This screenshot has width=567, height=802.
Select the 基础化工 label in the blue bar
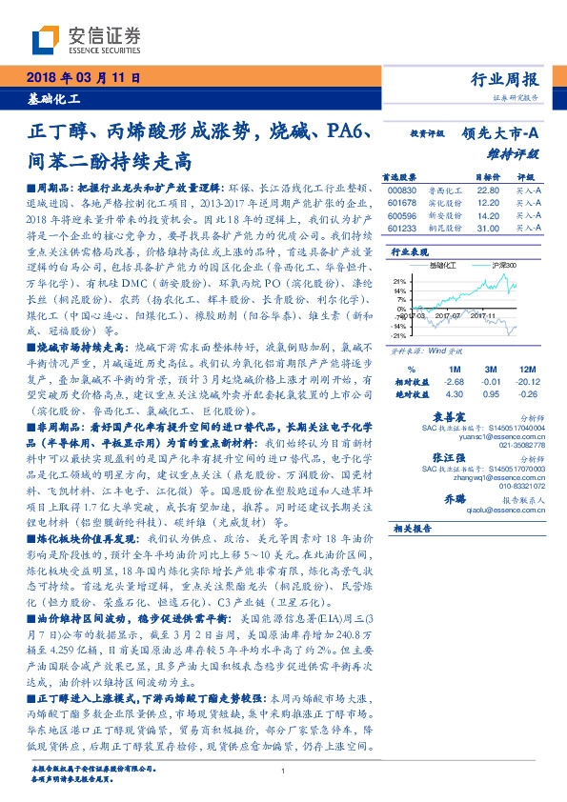coord(53,98)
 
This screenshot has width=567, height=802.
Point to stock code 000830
coord(404,190)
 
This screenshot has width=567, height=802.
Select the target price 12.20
coord(461,202)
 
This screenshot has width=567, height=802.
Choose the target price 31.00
coord(461,229)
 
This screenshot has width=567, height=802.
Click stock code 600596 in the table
coord(404,215)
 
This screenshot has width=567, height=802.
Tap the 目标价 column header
coord(461,177)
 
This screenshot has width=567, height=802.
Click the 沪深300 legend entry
coord(501,265)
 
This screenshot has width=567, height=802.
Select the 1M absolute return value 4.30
coord(455,392)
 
